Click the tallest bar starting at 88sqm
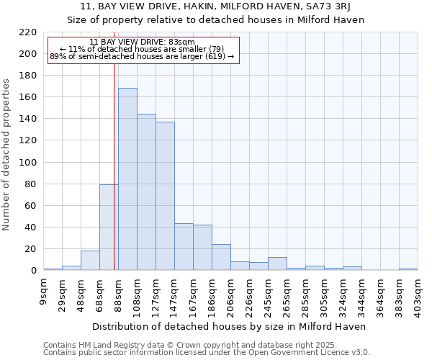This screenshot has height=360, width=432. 127,179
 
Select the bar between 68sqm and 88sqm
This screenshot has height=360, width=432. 109,228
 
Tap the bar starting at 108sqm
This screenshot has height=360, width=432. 146,192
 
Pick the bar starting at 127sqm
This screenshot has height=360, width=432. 165,196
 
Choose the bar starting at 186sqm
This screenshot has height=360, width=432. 221,257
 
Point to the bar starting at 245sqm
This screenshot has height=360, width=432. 277,264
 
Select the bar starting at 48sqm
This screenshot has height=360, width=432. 90,261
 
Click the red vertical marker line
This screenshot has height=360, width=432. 114,166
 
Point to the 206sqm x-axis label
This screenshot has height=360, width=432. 231,294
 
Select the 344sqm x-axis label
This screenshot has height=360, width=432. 362,294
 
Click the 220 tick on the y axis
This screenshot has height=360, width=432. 28,32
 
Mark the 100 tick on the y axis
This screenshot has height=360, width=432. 28,163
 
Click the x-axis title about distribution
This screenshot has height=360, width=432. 230,326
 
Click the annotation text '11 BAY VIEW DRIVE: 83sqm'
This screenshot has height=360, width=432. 142,42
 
